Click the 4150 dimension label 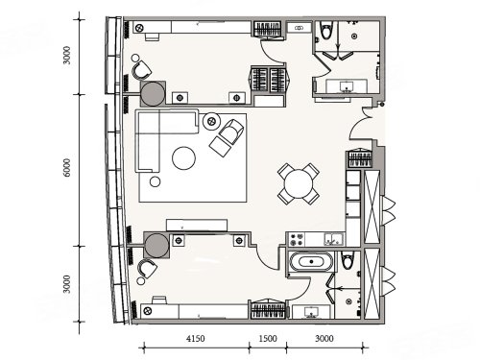click(x=196, y=338)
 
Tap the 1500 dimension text click(x=268, y=338)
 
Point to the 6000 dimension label click(x=66, y=167)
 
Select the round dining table click(x=299, y=183)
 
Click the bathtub click(x=311, y=262)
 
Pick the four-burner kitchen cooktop click(x=296, y=239)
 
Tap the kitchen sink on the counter click(x=333, y=239)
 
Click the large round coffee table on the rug click(x=183, y=158)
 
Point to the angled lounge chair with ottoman click(x=227, y=137)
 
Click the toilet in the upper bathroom click(x=326, y=30)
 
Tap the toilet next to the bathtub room click(x=347, y=260)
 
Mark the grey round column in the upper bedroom click(x=153, y=94)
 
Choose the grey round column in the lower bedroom click(x=156, y=246)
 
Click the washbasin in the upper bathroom click(x=346, y=86)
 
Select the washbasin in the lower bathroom click(x=311, y=312)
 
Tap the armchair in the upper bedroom click(x=142, y=71)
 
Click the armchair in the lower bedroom click(x=148, y=268)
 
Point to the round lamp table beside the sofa click(x=211, y=121)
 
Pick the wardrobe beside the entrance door click(x=360, y=158)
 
